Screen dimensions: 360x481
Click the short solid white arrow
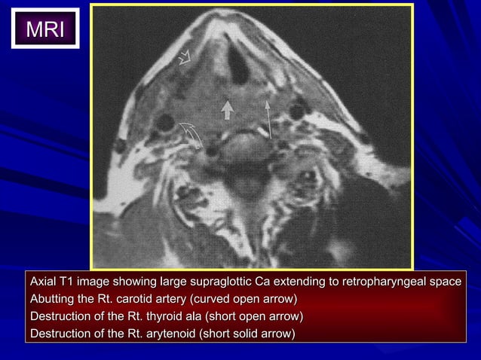pyautogui.click(x=226, y=110)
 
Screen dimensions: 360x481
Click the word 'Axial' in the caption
pyautogui.click(x=43, y=282)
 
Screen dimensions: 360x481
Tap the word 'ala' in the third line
pyautogui.click(x=195, y=316)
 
